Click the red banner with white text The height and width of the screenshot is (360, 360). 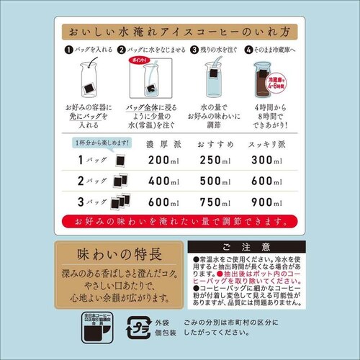coord(180,218)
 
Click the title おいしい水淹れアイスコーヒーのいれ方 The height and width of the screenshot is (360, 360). coord(180,33)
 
